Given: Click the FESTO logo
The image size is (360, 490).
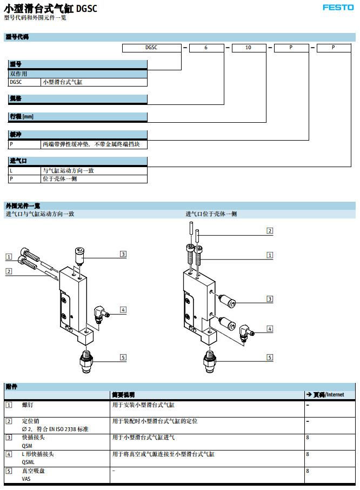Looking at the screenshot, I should pos(338,8).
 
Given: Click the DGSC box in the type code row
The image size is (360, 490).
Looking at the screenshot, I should pos(151,48).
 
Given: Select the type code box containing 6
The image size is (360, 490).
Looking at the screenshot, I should pos(206,48).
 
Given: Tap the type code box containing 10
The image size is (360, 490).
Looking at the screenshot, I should pos(248,48).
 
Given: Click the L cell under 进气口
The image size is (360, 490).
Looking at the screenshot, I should pos(24,170).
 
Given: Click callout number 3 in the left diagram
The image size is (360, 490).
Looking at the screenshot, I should pos(123,254).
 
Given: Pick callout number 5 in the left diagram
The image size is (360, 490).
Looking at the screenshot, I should pos(123,357).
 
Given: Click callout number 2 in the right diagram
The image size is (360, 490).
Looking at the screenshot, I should pos(270,231).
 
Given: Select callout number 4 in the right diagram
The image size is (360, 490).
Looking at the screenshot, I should pos(270,328).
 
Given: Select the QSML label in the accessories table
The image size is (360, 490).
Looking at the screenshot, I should pos(29,462).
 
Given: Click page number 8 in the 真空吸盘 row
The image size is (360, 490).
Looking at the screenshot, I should pos(308,471).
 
